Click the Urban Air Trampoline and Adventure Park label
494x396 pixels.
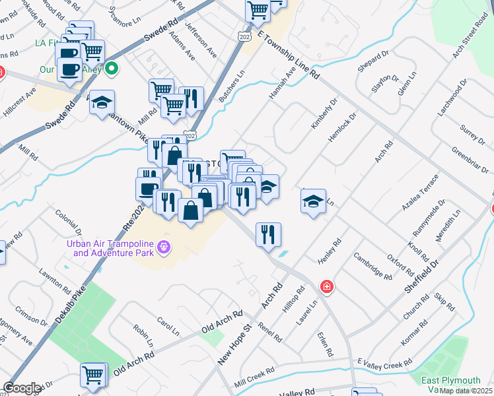tap(109, 247)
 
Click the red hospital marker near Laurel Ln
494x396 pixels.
tap(326, 286)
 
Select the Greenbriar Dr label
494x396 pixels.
tap(470, 156)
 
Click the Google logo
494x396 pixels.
tap(22, 388)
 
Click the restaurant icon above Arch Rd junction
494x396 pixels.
tap(268, 234)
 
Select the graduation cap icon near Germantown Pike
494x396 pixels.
tap(102, 102)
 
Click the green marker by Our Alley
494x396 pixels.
tap(112, 67)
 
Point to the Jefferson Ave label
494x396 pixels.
tap(201, 39)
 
